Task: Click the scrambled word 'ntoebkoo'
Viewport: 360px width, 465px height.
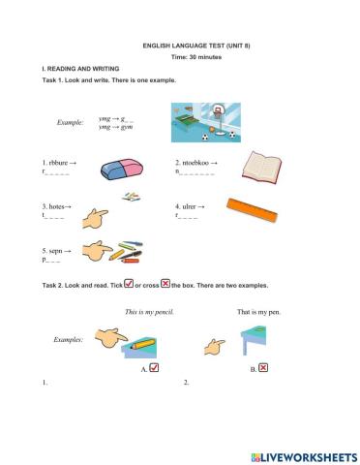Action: pyautogui.click(x=193, y=162)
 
